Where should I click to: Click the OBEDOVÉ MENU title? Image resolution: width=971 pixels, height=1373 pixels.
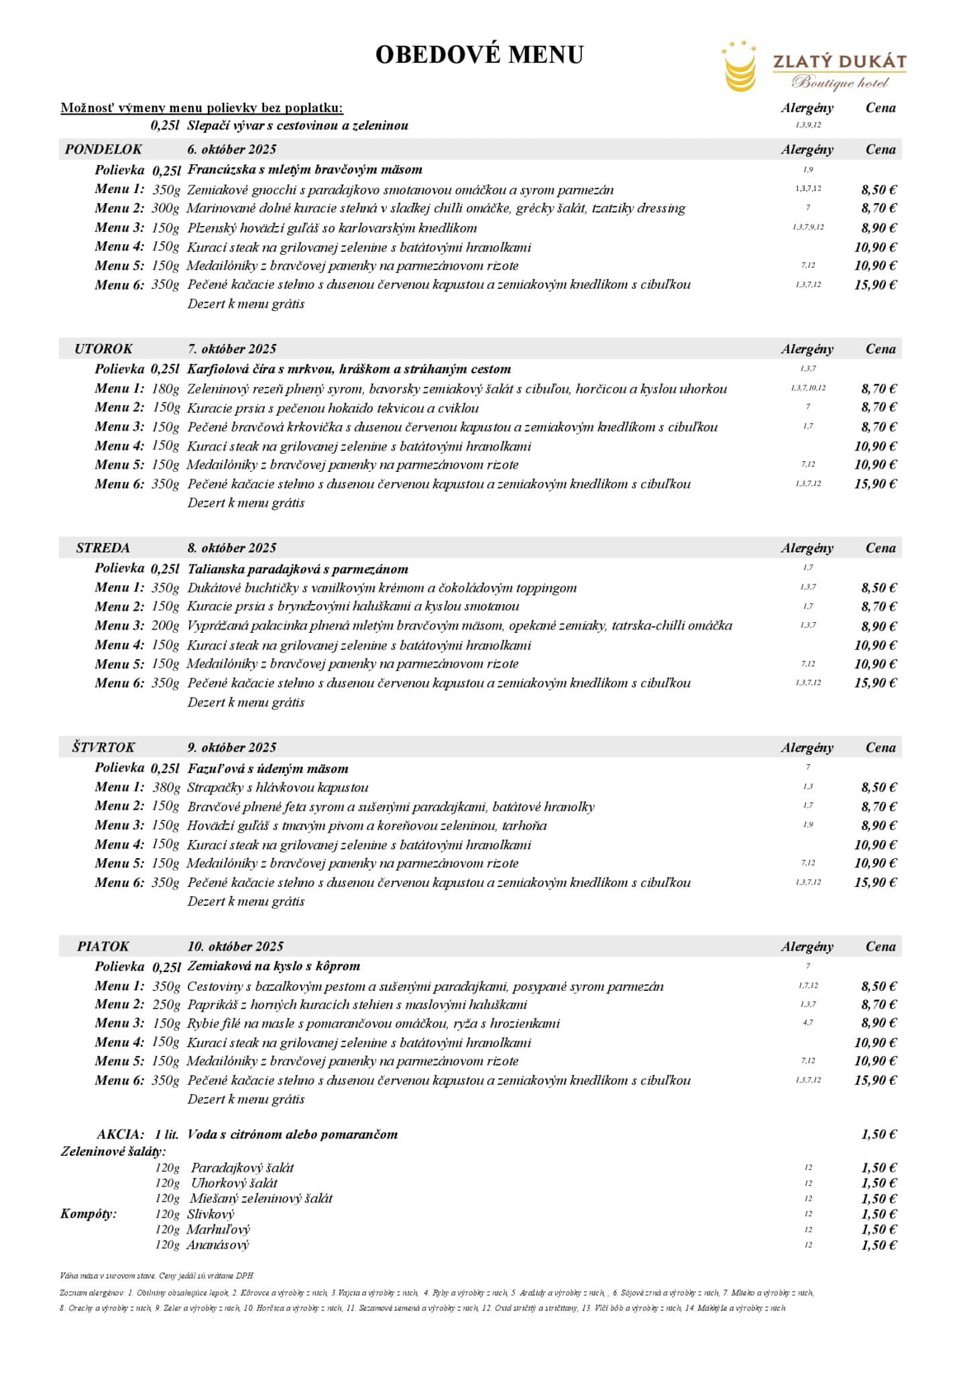[479, 55]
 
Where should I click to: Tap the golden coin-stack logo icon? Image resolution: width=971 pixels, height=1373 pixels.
[740, 70]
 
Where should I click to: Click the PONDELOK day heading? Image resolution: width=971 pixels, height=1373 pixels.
[103, 150]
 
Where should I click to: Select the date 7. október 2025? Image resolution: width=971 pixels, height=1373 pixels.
[231, 349]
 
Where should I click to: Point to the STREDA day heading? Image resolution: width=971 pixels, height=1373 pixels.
[103, 548]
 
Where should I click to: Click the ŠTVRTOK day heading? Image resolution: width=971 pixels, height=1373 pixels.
[103, 748]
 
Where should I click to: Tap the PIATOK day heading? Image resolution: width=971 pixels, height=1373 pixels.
[103, 947]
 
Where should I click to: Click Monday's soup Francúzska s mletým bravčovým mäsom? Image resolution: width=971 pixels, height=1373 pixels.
[304, 170]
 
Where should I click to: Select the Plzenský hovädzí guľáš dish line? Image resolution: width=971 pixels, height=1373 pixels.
[332, 228]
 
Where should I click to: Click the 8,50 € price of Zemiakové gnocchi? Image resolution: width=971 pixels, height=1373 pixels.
[878, 190]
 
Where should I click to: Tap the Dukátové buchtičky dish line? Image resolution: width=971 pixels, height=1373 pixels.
[382, 588]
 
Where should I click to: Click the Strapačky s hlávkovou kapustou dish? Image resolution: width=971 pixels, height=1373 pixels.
[278, 788]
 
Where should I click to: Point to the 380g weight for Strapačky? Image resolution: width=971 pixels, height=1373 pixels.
[166, 788]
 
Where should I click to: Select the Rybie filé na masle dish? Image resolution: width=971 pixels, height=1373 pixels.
[373, 1024]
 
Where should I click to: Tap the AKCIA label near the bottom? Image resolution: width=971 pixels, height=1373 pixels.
[120, 1134]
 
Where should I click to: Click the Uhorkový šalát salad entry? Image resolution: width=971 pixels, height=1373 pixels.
[234, 1183]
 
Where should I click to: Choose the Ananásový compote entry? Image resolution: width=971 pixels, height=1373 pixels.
[218, 1245]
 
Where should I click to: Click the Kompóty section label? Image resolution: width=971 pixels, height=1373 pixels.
[89, 1214]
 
